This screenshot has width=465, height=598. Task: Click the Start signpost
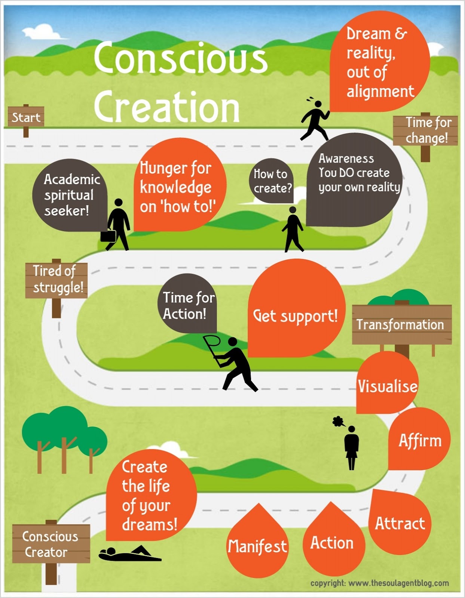click(26, 117)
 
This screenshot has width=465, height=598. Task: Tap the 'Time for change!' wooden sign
click(426, 130)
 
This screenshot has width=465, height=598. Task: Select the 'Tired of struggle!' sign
click(56, 280)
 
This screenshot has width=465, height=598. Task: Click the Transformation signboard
click(401, 324)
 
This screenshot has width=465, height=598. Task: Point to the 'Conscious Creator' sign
click(51, 544)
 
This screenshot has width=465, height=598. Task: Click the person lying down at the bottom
click(129, 555)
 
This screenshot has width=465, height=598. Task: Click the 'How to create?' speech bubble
click(271, 181)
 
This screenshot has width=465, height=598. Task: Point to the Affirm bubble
click(420, 440)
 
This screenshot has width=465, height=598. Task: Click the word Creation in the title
click(167, 107)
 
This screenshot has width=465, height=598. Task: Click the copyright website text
click(379, 583)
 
